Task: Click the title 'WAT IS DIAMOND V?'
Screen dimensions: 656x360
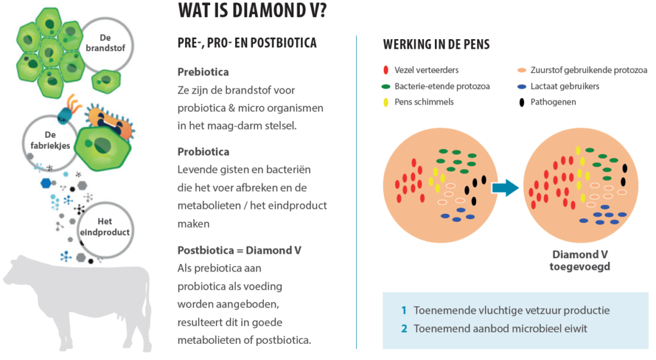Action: pyautogui.click(x=252, y=11)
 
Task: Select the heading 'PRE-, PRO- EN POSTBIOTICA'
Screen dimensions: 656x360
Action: pyautogui.click(x=247, y=43)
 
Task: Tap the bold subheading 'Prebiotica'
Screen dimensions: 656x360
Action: pyautogui.click(x=203, y=72)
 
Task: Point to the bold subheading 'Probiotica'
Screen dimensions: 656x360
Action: pyautogui.click(x=203, y=151)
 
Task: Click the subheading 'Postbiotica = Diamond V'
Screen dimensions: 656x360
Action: pyautogui.click(x=240, y=250)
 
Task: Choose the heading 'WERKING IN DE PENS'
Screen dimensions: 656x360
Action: pyautogui.click(x=436, y=44)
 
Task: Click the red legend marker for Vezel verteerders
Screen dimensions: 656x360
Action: pyautogui.click(x=386, y=70)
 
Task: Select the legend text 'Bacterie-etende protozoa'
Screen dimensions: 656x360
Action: pyautogui.click(x=442, y=86)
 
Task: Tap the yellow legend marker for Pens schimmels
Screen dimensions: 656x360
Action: pyautogui.click(x=386, y=102)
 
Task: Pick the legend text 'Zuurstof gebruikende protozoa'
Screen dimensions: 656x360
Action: pyautogui.click(x=589, y=70)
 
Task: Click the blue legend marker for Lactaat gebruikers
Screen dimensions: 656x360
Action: pyautogui.click(x=521, y=86)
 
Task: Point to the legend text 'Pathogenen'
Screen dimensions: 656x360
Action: pyautogui.click(x=553, y=102)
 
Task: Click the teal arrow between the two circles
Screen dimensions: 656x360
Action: pyautogui.click(x=505, y=188)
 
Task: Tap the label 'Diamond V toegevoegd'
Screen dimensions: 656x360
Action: pyautogui.click(x=580, y=261)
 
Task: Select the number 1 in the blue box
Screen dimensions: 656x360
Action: pyautogui.click(x=404, y=310)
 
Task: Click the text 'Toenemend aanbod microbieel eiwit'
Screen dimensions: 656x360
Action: pyautogui.click(x=500, y=329)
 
